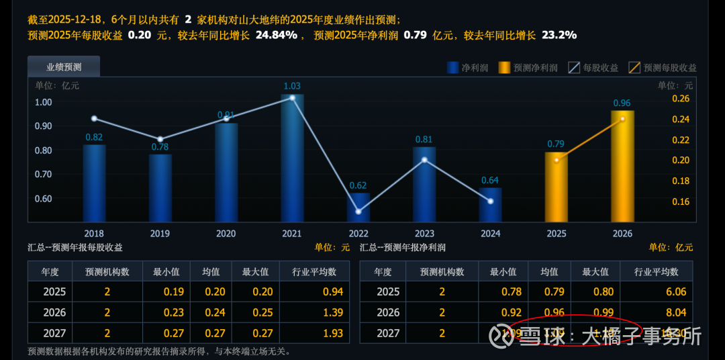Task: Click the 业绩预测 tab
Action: click(64, 66)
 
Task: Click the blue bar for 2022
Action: click(358, 208)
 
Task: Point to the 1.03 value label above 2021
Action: click(292, 86)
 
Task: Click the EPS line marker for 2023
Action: click(424, 160)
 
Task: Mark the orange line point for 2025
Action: click(556, 160)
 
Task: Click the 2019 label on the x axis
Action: click(160, 234)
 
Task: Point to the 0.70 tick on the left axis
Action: click(44, 174)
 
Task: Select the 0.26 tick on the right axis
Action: click(681, 99)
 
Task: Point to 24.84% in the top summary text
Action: click(276, 35)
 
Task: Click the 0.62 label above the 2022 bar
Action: click(358, 185)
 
